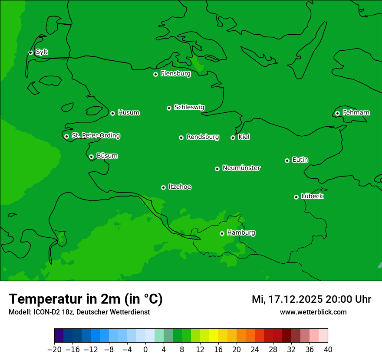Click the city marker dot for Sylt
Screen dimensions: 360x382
pos(30,52)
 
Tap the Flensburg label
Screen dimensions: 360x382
pos(175,74)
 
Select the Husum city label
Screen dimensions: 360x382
pos(128,113)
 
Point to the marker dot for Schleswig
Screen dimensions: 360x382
pos(169,108)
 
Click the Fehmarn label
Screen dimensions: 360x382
pos(356,113)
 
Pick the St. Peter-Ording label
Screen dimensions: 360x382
pos(95,136)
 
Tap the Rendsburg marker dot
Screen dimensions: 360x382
pos(181,137)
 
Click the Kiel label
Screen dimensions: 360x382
pos(244,137)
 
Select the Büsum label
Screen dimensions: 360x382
pos(107,156)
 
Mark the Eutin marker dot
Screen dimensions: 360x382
pos(287,160)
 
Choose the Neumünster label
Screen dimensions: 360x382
pos(241,168)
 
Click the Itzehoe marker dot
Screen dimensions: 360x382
pos(163,187)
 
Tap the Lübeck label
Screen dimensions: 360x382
pos(312,196)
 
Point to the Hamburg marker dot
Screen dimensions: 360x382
pos(222,233)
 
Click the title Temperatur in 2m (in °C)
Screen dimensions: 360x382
pos(86,299)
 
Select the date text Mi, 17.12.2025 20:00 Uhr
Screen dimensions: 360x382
pos(311,299)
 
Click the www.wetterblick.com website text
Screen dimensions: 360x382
pos(313,312)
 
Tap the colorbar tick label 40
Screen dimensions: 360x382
pos(328,350)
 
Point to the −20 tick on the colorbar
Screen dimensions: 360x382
pos(54,350)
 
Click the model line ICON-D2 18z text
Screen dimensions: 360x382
pos(79,312)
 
